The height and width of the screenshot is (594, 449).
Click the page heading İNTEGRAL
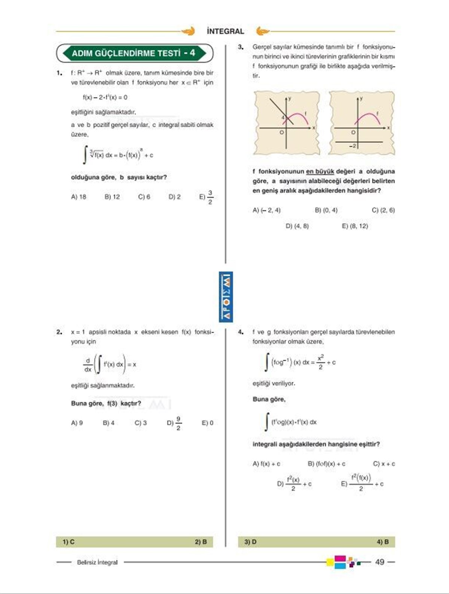point(225,31)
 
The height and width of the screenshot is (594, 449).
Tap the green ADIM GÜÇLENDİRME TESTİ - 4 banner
point(134,53)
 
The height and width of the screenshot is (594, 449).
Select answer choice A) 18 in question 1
point(79,197)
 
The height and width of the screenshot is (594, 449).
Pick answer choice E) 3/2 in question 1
point(206,197)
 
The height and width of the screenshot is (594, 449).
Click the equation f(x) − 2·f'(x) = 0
point(105,97)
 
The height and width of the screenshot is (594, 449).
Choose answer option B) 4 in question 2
point(109,423)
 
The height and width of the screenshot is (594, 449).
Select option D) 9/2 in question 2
point(174,423)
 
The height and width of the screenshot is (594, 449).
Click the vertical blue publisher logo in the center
point(226,297)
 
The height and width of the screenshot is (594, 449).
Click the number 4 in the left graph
point(283,118)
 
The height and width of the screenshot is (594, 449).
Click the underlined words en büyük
point(320,172)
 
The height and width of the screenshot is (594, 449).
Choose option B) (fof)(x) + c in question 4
point(326,464)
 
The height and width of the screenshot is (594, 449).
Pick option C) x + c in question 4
point(384,464)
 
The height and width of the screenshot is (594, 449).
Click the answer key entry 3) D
point(250,542)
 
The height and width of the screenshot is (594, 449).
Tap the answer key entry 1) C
point(68,542)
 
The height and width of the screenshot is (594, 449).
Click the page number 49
point(379,562)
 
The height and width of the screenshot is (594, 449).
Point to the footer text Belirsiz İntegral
point(97,562)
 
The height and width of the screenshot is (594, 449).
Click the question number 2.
point(59,332)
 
